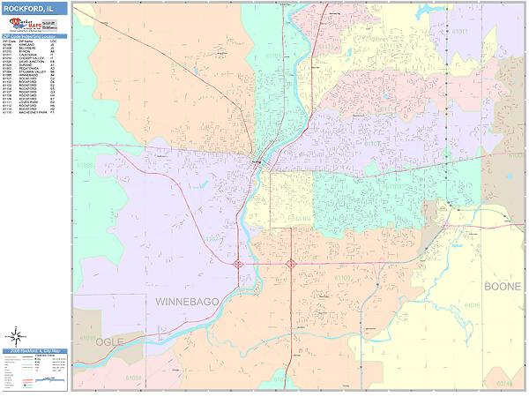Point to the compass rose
click(16, 334)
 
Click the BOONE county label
click(502, 287)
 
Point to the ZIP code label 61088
click(85, 165)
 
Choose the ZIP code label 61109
click(342, 278)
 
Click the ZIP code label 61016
click(472, 305)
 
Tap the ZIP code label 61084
click(132, 377)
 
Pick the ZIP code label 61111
click(326, 44)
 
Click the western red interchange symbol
click(239, 263)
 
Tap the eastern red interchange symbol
click(290, 263)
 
